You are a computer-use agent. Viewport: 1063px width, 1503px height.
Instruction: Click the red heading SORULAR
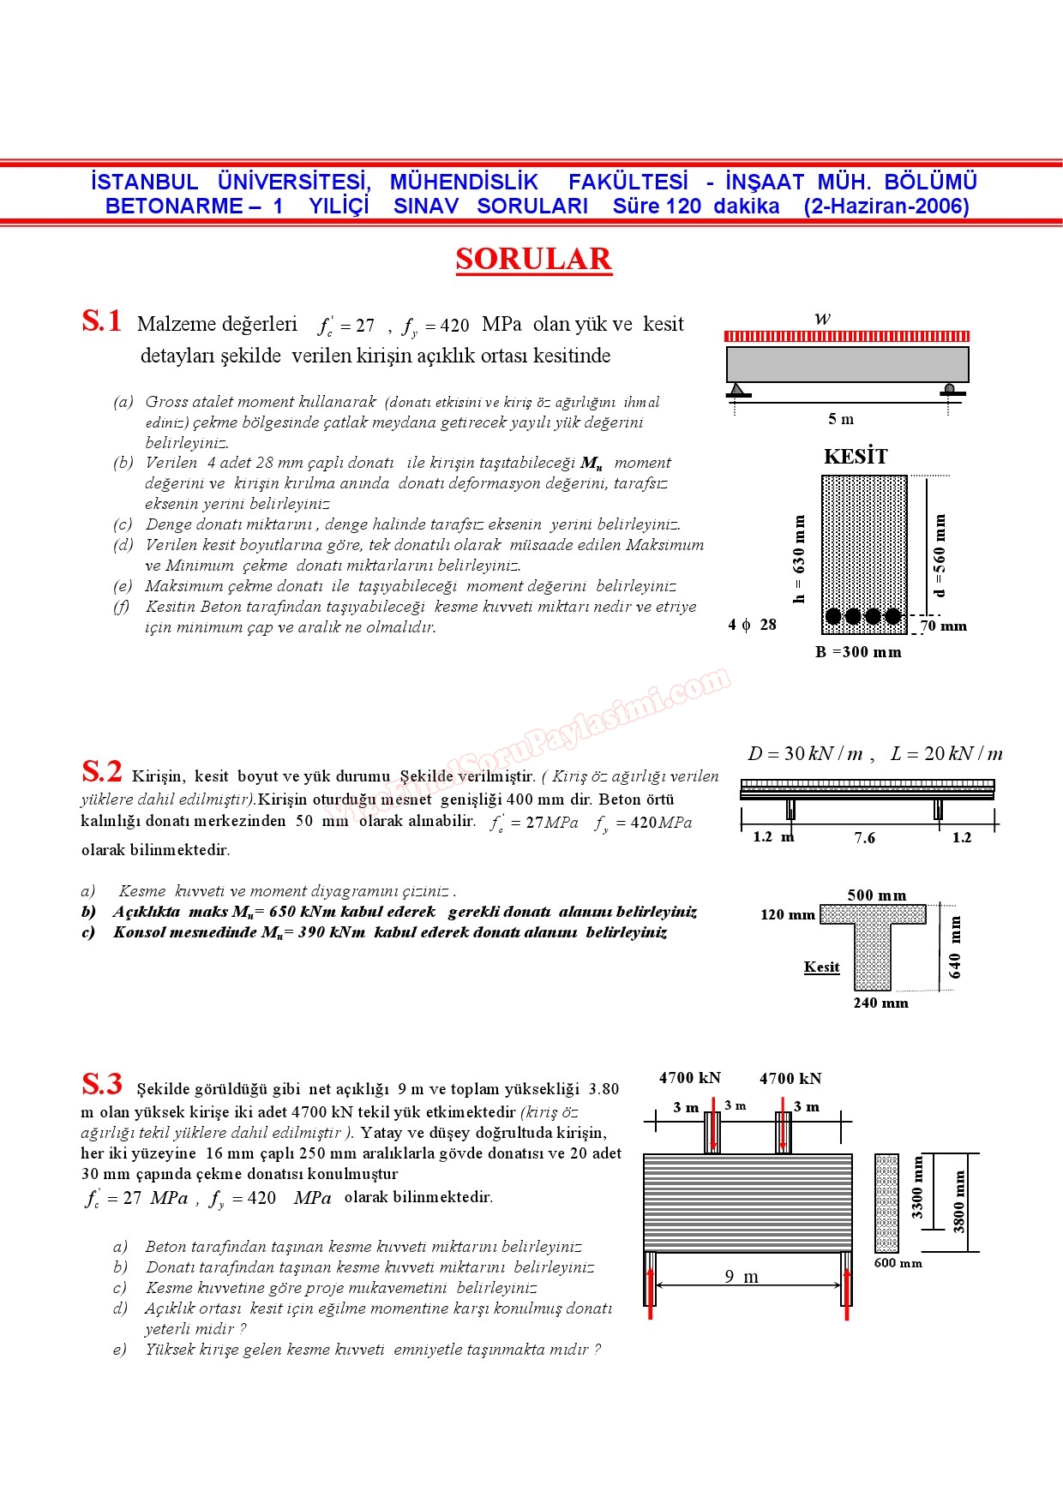click(533, 259)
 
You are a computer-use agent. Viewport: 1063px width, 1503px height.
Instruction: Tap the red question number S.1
click(102, 321)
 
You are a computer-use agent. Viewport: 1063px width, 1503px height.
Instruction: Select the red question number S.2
click(102, 771)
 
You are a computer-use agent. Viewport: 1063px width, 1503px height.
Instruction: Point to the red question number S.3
click(102, 1084)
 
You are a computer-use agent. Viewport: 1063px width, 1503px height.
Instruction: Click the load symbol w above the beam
click(822, 319)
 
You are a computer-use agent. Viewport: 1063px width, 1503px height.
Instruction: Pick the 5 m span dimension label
click(841, 419)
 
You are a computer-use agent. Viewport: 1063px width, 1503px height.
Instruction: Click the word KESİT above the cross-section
click(856, 456)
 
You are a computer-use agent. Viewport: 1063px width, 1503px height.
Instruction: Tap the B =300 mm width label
click(858, 652)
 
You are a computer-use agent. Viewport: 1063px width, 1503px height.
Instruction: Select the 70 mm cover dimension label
click(944, 626)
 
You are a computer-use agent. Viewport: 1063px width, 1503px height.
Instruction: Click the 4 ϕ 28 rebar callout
click(753, 625)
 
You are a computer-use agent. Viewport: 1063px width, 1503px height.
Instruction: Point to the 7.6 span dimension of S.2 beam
click(865, 837)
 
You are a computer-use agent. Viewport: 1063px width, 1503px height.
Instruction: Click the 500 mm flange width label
click(876, 895)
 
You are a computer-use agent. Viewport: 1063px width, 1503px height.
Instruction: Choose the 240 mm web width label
click(880, 1003)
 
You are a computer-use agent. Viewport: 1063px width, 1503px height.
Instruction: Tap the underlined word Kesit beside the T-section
click(821, 967)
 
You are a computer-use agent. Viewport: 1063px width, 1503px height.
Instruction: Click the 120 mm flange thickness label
click(787, 914)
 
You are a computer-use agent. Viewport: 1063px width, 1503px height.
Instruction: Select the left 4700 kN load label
click(690, 1078)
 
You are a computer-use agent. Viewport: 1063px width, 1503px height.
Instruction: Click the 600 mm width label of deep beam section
click(898, 1263)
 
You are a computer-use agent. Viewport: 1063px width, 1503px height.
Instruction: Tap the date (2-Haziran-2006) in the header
click(886, 207)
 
